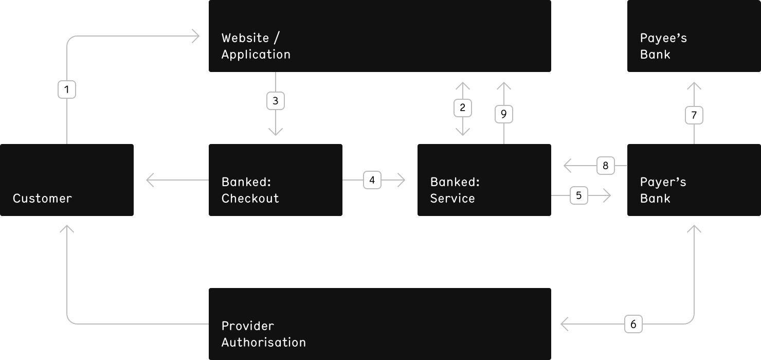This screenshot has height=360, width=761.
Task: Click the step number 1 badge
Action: click(67, 89)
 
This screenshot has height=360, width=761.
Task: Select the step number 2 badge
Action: click(462, 108)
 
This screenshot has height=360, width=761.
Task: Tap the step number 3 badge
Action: click(275, 101)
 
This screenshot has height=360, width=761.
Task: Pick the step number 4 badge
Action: click(372, 180)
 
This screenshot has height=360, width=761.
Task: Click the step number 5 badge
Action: click(578, 195)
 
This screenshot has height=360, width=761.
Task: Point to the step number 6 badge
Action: click(633, 324)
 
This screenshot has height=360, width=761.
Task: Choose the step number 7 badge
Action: click(694, 115)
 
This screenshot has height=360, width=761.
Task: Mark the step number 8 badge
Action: click(605, 166)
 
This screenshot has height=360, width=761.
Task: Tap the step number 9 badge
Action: click(503, 114)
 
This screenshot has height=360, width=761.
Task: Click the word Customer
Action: click(42, 198)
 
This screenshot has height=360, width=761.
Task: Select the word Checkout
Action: click(250, 198)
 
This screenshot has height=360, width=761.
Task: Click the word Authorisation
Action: click(264, 342)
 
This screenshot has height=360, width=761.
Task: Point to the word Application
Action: click(256, 55)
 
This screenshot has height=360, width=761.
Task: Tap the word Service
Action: click(452, 198)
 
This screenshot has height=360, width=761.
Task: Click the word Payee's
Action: click(663, 38)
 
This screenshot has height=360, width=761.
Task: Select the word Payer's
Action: click(663, 182)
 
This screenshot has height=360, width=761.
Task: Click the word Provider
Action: click(247, 326)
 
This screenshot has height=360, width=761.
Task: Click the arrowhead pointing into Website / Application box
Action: click(196, 36)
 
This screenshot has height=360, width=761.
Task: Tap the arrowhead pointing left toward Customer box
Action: click(150, 180)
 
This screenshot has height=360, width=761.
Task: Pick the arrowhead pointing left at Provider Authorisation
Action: click(565, 324)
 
